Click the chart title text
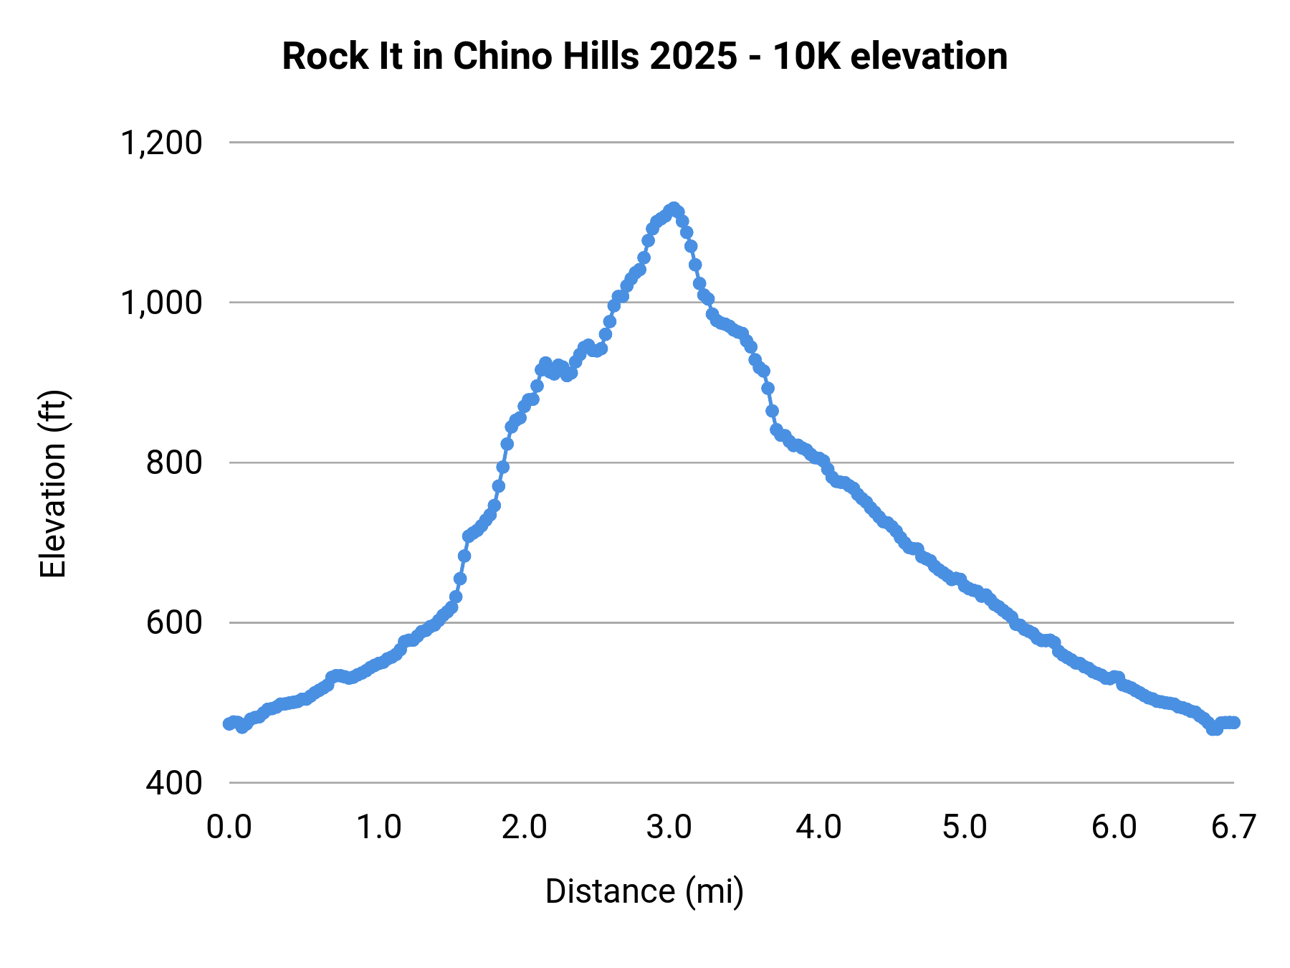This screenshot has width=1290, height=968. click(x=644, y=57)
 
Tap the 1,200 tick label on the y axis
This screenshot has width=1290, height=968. click(x=161, y=143)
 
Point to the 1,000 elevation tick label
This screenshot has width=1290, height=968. click(x=161, y=303)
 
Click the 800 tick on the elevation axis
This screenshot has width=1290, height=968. click(x=174, y=463)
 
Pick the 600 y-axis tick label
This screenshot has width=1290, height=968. click(x=174, y=623)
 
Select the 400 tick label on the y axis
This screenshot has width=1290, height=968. click(x=174, y=783)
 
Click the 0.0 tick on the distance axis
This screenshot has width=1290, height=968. click(x=229, y=827)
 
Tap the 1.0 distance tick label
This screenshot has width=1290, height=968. click(x=379, y=827)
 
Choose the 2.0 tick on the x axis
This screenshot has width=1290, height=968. click(x=524, y=827)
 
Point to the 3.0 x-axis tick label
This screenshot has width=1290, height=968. click(x=669, y=827)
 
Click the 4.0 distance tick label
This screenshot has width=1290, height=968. click(x=819, y=827)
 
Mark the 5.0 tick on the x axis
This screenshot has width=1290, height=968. click(x=965, y=827)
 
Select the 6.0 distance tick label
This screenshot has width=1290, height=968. click(x=1114, y=827)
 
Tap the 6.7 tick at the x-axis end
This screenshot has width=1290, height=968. click(x=1233, y=827)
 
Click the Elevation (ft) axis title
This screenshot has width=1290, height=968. click(x=53, y=484)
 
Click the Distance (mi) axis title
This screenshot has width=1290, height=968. click(x=644, y=892)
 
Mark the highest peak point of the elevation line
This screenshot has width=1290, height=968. click(x=673, y=208)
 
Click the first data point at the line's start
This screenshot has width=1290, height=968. click(x=229, y=723)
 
